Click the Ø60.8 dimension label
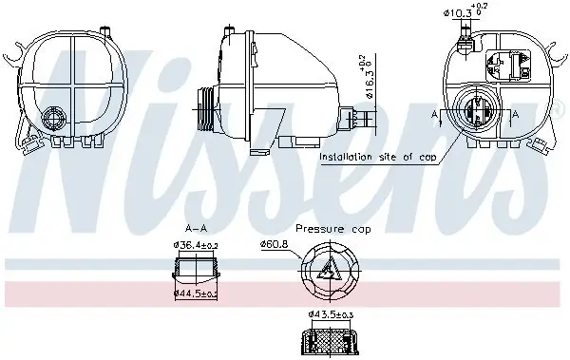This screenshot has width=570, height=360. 274,244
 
